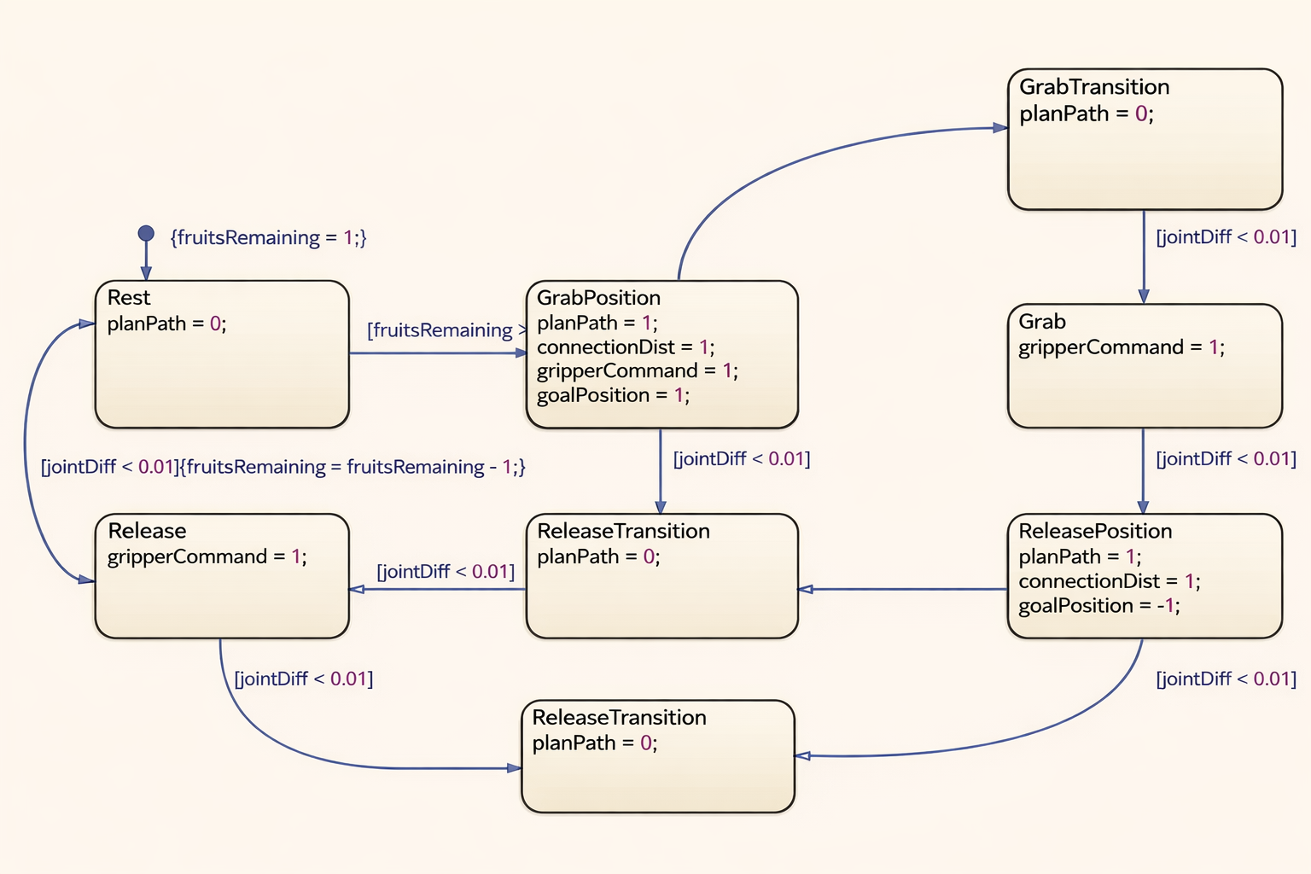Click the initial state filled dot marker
[x=146, y=233]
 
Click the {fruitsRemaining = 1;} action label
[x=268, y=237]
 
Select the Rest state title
[x=129, y=298]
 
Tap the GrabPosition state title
[x=598, y=298]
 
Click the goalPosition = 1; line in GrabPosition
[x=613, y=395]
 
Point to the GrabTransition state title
[x=1093, y=87]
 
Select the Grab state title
[x=1041, y=322]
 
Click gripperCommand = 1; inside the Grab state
[x=1121, y=347]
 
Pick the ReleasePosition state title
[x=1095, y=531]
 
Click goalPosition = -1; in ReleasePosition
[x=1098, y=606]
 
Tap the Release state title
[x=147, y=531]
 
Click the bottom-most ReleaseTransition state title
[x=619, y=718]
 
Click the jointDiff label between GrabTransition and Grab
[x=1226, y=237]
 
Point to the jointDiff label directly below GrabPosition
[x=741, y=459]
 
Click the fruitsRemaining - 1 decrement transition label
[x=283, y=467]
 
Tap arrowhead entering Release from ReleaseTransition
[x=357, y=589]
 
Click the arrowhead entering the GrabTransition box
[x=1000, y=128]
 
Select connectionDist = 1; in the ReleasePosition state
[x=1109, y=581]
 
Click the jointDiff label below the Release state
[x=304, y=679]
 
